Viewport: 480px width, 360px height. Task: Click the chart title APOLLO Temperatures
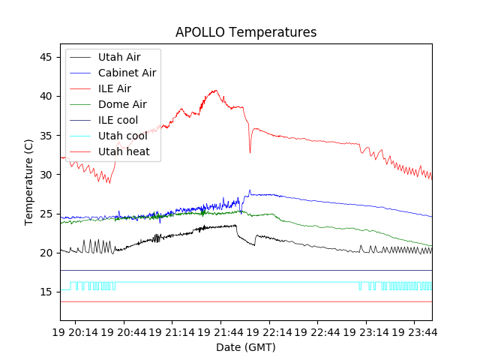(246, 32)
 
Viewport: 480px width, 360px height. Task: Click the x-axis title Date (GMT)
(246, 347)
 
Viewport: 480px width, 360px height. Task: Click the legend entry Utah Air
(119, 57)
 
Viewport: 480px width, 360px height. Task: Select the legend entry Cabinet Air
(127, 73)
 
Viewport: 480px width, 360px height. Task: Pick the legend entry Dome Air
(122, 104)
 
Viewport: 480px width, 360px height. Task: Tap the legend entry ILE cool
(118, 120)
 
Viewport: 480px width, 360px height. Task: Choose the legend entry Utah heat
(124, 151)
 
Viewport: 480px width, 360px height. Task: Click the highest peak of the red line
(217, 91)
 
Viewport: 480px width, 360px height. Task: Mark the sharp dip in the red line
(250, 152)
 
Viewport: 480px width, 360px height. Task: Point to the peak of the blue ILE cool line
(250, 190)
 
